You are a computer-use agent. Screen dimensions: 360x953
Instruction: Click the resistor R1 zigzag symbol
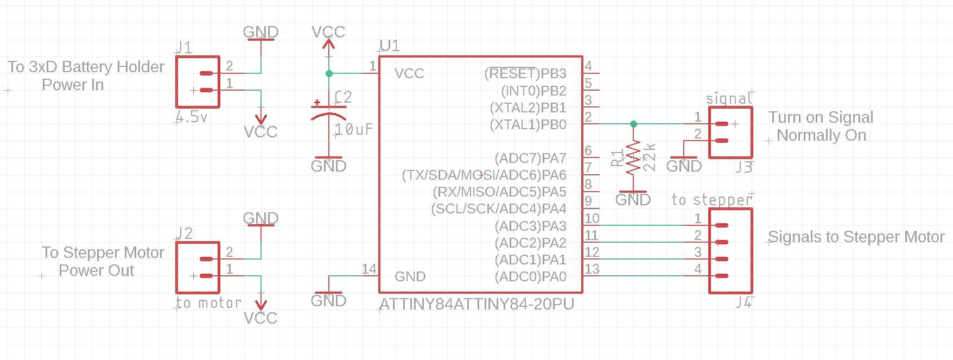(x=633, y=158)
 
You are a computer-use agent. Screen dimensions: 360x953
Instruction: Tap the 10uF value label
(x=354, y=129)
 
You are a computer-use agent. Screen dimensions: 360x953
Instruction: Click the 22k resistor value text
(x=649, y=157)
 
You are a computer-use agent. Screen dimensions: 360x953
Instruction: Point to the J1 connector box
(x=198, y=81)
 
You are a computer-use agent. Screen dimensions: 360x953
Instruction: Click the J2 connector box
(x=198, y=268)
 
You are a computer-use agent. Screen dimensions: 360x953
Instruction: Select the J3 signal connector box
(x=730, y=132)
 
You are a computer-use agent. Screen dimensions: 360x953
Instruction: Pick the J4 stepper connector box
(x=730, y=251)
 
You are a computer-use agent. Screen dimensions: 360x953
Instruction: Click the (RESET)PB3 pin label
(x=525, y=73)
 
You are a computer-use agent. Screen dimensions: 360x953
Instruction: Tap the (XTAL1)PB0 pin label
(x=528, y=125)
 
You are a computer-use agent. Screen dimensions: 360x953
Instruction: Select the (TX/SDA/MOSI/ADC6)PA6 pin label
(x=484, y=175)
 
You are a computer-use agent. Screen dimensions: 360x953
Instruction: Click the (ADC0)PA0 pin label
(x=530, y=277)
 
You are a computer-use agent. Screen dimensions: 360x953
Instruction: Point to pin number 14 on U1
(x=369, y=269)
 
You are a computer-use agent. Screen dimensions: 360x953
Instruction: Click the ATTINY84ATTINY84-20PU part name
(x=476, y=304)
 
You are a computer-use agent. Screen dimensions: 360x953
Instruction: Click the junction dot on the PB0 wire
(x=633, y=124)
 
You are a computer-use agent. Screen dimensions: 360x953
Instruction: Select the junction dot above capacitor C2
(x=328, y=73)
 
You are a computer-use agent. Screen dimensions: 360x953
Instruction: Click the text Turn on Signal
(x=821, y=117)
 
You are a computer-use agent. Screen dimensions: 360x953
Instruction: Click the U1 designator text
(x=390, y=46)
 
